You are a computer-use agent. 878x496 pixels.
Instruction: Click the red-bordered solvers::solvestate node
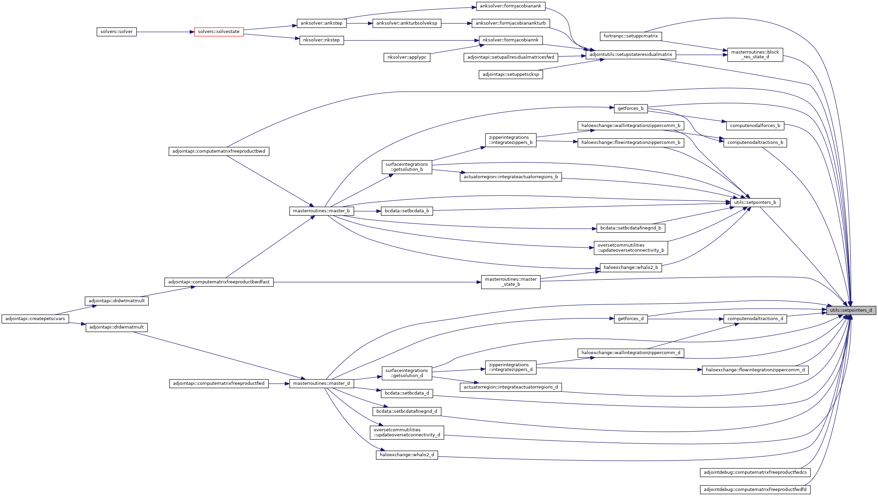point(219,32)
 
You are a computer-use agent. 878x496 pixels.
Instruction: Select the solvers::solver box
point(116,32)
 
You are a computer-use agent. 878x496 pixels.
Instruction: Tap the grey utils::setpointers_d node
point(851,310)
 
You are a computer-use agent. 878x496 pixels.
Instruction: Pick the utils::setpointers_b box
point(755,203)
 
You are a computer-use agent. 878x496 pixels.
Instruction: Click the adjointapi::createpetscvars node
point(35,319)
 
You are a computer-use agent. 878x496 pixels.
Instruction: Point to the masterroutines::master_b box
point(321,211)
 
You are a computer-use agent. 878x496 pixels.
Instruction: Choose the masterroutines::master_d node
point(321,383)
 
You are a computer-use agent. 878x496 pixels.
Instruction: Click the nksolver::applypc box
point(406,57)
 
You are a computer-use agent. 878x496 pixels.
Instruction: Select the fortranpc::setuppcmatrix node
point(630,36)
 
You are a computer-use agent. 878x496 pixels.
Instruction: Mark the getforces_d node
point(630,319)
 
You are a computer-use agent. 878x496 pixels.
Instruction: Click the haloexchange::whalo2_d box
point(407,455)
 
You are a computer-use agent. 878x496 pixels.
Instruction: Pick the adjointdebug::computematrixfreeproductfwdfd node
point(755,490)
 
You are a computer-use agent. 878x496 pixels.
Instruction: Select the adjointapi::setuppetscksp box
point(510,74)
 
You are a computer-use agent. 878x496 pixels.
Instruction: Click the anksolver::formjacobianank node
point(510,6)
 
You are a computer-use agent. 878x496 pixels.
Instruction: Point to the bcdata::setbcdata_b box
point(407,211)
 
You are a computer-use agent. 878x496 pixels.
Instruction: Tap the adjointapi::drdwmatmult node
point(116,328)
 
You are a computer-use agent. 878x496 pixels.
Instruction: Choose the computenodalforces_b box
point(755,126)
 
